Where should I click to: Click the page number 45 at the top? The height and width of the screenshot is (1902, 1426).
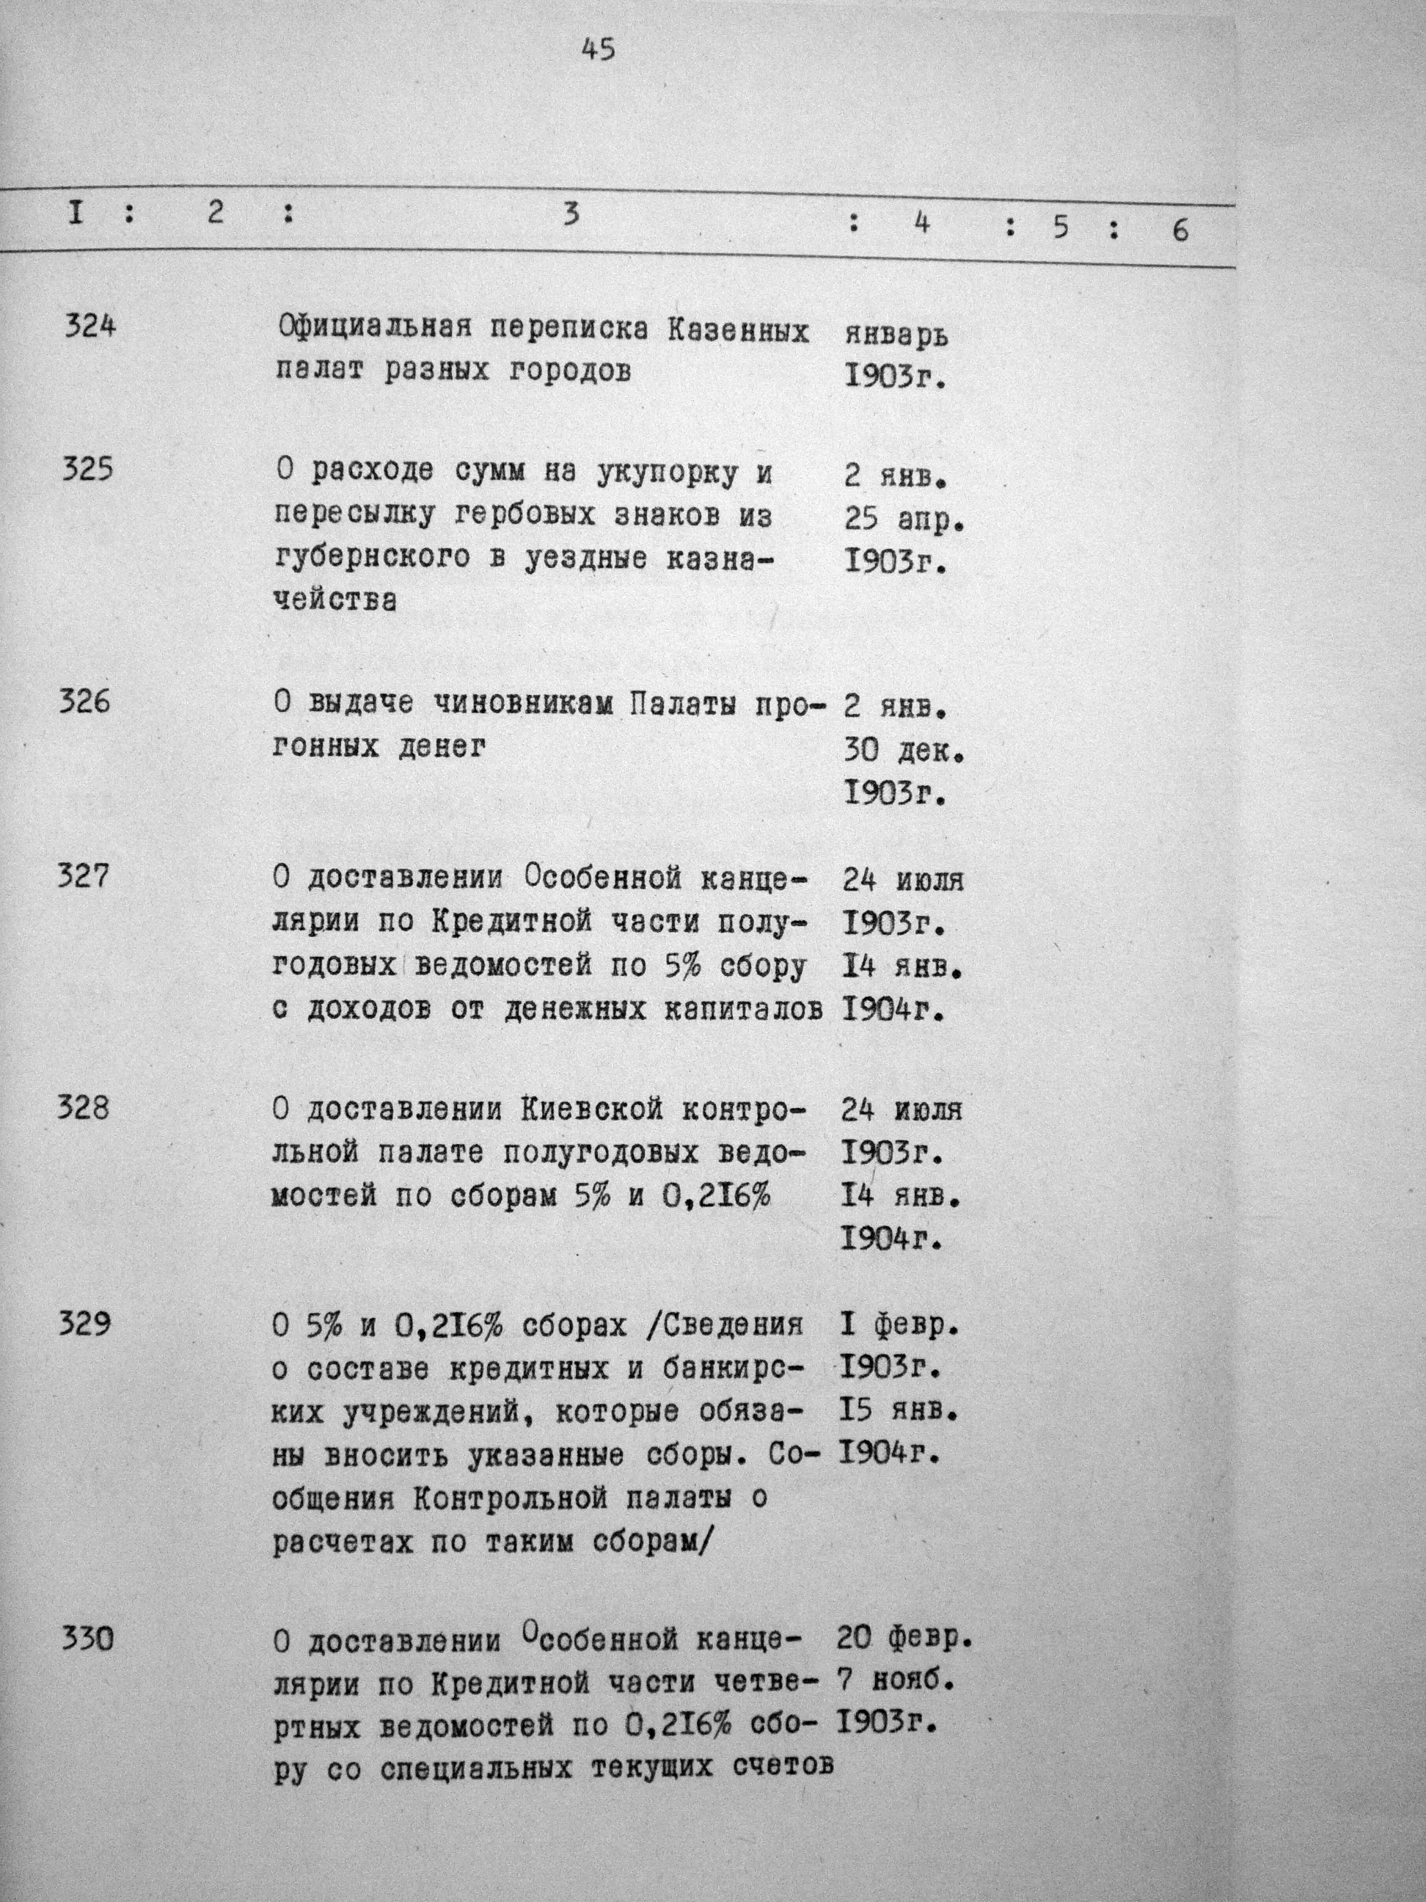(x=599, y=50)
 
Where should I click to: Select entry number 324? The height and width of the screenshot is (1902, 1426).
(x=89, y=327)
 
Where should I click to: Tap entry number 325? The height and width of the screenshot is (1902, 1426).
(x=88, y=471)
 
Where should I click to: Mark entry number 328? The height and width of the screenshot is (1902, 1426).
(x=84, y=1108)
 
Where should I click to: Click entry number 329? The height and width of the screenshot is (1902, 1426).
(x=84, y=1325)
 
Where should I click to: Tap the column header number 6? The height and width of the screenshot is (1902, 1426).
(x=1180, y=230)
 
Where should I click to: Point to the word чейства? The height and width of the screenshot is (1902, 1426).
(x=335, y=600)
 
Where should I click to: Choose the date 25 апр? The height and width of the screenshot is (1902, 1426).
(x=904, y=520)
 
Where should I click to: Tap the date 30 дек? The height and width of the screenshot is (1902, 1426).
(x=904, y=751)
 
